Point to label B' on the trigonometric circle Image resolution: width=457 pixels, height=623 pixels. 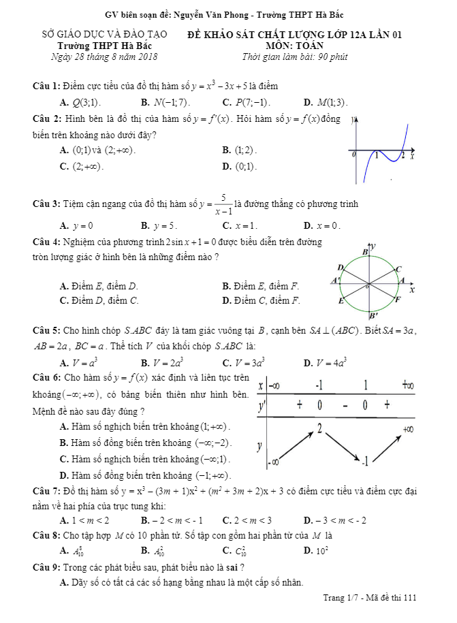373,316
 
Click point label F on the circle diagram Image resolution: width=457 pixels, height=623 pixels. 398,299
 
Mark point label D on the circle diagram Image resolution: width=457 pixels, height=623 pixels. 340,267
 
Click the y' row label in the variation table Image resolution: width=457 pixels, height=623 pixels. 262,406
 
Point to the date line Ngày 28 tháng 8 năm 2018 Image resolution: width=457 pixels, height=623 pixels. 104,57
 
